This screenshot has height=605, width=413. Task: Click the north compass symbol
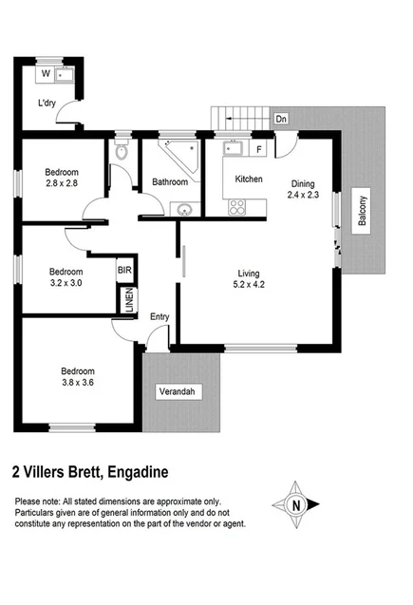297,506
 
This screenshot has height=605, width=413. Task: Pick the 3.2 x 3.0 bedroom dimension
66,282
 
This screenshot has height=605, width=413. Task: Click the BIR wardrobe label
124,271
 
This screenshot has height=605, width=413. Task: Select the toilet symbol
122,152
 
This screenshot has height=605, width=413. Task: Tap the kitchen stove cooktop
236,205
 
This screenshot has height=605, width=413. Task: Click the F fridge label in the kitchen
258,150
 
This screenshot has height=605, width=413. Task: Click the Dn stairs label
280,119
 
